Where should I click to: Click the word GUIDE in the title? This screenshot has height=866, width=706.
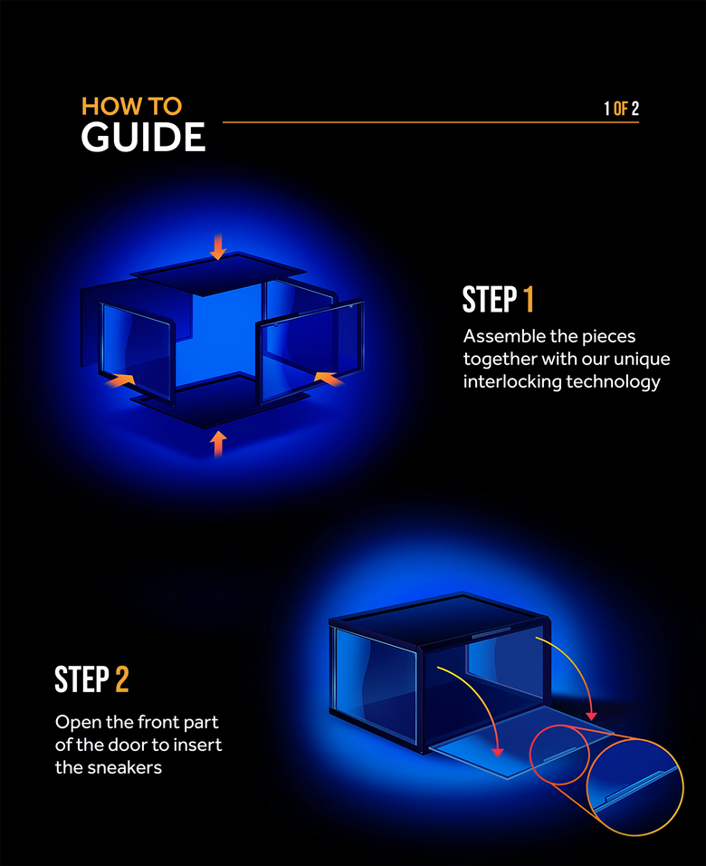click(x=143, y=138)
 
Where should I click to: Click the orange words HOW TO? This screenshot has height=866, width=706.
click(x=131, y=106)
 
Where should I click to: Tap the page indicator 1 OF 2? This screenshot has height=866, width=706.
click(x=621, y=109)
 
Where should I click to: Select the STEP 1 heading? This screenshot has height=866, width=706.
click(x=498, y=300)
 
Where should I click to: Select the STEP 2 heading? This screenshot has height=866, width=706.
click(x=91, y=678)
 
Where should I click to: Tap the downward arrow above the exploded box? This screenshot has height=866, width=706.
click(x=217, y=245)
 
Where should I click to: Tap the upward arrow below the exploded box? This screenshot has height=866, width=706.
click(x=217, y=443)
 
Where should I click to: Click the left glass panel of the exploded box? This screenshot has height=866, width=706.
click(x=135, y=349)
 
